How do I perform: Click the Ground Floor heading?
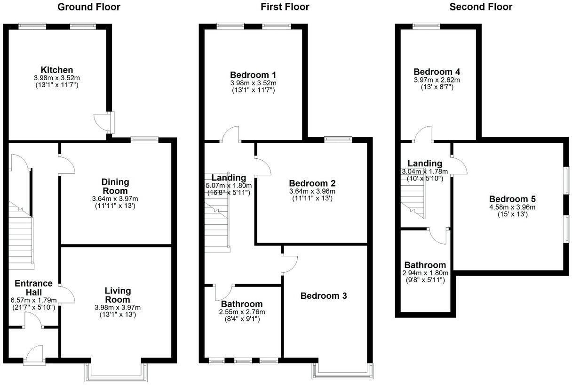[88, 7]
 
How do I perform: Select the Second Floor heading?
[481, 7]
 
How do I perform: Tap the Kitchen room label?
[56, 70]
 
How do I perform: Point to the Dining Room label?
[115, 186]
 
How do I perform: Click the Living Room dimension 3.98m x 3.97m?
[118, 308]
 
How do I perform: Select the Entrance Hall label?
[33, 288]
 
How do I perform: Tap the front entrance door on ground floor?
[34, 354]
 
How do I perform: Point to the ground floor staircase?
[21, 236]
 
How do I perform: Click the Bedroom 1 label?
[253, 74]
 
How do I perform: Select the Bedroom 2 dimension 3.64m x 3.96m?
[312, 191]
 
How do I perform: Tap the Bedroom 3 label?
[324, 296]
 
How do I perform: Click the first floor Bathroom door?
[224, 292]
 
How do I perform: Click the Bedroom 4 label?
[437, 72]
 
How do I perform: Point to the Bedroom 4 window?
[426, 26]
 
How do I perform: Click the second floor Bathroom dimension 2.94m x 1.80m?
[425, 273]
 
